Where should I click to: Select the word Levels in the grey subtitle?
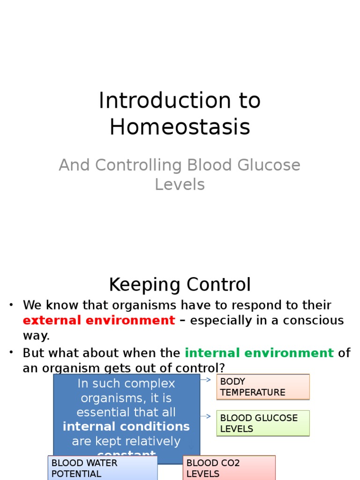pyautogui.click(x=180, y=185)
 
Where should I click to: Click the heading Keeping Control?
pyautogui.click(x=180, y=285)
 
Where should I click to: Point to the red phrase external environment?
pyautogui.click(x=99, y=321)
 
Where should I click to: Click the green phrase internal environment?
pyautogui.click(x=259, y=352)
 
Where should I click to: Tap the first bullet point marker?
pyautogui.click(x=11, y=306)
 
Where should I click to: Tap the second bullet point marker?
pyautogui.click(x=11, y=353)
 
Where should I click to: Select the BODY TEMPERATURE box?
pyautogui.click(x=262, y=387)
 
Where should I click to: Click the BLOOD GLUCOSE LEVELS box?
pyautogui.click(x=262, y=423)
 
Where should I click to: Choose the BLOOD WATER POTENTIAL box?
pyautogui.click(x=102, y=468)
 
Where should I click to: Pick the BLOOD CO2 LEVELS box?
pyautogui.click(x=229, y=468)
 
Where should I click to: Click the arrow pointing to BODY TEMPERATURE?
pyautogui.click(x=206, y=379)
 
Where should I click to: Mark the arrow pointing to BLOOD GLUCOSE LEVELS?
pyautogui.click(x=206, y=416)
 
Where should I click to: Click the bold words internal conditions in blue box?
pyautogui.click(x=126, y=427)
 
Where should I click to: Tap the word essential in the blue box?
pyautogui.click(x=100, y=412)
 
